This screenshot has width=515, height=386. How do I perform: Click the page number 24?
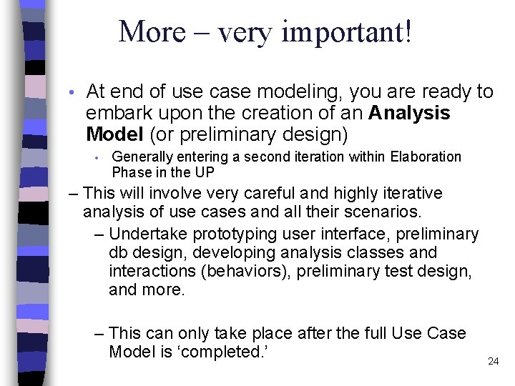(493, 361)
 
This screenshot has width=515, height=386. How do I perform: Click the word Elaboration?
(426, 157)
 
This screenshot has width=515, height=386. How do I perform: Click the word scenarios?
(387, 212)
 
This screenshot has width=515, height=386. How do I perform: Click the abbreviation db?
(118, 252)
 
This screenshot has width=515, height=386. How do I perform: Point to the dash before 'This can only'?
(99, 333)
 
